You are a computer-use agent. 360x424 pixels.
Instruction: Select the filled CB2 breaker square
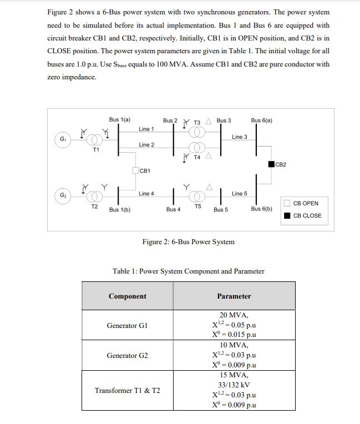[271, 164]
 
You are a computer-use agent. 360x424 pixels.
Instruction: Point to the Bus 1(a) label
[120, 120]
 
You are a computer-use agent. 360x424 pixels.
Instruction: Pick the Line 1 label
[146, 129]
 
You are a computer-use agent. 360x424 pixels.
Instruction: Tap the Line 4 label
[146, 194]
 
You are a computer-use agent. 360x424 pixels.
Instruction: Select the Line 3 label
[240, 137]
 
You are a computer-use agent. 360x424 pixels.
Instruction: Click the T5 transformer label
[197, 206]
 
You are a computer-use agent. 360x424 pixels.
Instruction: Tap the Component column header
[128, 296]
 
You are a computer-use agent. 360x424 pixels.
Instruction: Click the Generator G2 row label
[128, 355]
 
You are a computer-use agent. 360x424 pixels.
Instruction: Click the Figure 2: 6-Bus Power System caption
[188, 242]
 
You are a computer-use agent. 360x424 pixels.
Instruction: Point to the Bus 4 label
[173, 209]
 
